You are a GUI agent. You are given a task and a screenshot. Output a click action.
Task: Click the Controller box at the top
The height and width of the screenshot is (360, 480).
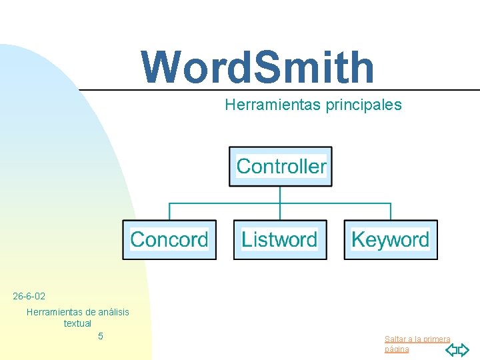(281, 167)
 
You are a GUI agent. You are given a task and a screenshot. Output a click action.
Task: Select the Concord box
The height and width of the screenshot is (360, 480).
(169, 239)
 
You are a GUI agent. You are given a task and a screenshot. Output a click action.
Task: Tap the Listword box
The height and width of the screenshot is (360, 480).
(280, 239)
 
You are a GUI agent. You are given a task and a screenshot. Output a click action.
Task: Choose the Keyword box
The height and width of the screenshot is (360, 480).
(391, 239)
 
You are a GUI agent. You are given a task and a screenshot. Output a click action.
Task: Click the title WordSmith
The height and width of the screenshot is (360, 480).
(258, 67)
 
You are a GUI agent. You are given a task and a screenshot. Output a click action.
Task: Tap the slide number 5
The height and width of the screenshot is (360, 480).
(101, 336)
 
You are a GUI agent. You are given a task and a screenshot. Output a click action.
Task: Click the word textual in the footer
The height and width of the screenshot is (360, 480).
(77, 323)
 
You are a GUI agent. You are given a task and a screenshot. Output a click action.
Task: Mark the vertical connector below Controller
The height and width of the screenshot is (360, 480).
(280, 195)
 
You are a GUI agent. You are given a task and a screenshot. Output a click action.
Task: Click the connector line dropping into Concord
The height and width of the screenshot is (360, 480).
(169, 211)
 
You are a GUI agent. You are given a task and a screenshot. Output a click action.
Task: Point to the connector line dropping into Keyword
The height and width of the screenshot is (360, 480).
(391, 211)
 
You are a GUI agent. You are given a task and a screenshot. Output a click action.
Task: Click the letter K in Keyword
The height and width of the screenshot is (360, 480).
(358, 239)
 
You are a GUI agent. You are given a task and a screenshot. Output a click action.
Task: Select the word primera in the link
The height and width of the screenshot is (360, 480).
(436, 339)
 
